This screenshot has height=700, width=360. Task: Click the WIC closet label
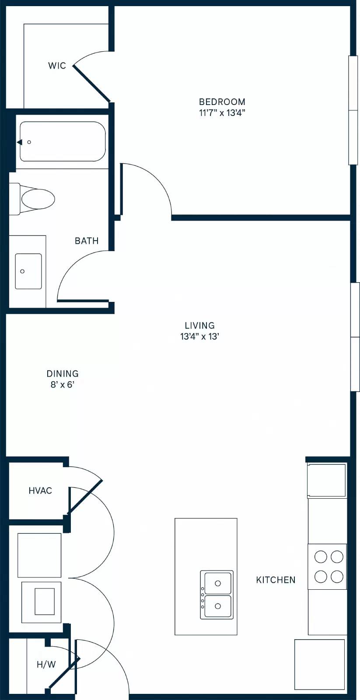57,66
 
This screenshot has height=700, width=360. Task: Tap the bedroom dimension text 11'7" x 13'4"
222,113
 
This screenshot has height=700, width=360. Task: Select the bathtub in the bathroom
63,142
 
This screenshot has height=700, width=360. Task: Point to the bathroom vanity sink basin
28,271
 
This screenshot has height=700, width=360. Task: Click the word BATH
87,241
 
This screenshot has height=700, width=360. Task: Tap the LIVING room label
199,325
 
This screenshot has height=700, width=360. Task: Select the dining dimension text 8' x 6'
63,385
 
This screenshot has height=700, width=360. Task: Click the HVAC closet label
40,490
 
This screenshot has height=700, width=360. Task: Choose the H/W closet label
46,665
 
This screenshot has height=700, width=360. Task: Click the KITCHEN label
276,580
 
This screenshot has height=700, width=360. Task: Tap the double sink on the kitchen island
217,595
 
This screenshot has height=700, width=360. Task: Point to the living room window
355,337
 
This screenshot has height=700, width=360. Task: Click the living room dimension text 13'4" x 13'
199,337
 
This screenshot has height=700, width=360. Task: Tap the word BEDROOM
222,102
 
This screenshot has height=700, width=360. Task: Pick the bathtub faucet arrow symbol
20,142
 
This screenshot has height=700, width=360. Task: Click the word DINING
63,374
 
